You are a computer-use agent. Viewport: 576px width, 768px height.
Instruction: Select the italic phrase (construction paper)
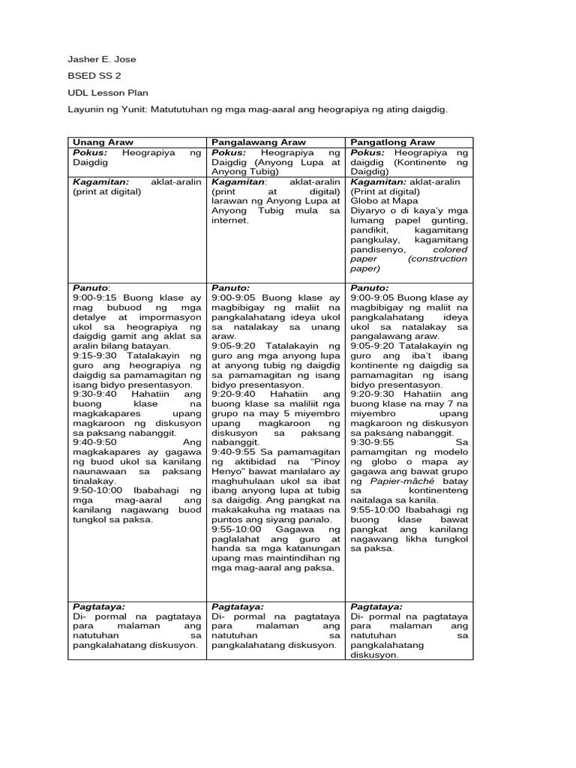tap(409, 263)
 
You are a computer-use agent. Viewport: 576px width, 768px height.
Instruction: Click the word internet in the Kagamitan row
tap(229, 220)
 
